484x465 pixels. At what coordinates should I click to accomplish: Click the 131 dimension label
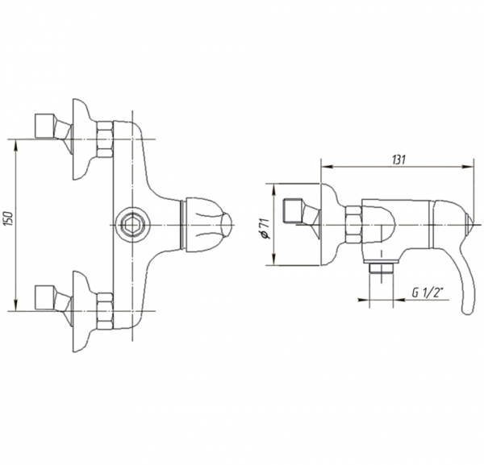[398, 160]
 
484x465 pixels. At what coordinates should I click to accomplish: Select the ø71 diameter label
[265, 229]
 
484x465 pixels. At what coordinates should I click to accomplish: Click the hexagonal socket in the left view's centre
[131, 225]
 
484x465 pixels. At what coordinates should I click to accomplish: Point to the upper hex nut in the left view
[105, 139]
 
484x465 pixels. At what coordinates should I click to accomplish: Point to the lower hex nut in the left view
[105, 311]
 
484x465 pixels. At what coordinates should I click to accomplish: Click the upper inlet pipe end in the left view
[45, 126]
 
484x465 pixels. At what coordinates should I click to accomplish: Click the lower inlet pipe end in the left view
[45, 298]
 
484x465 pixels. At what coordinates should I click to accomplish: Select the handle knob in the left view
[207, 225]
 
